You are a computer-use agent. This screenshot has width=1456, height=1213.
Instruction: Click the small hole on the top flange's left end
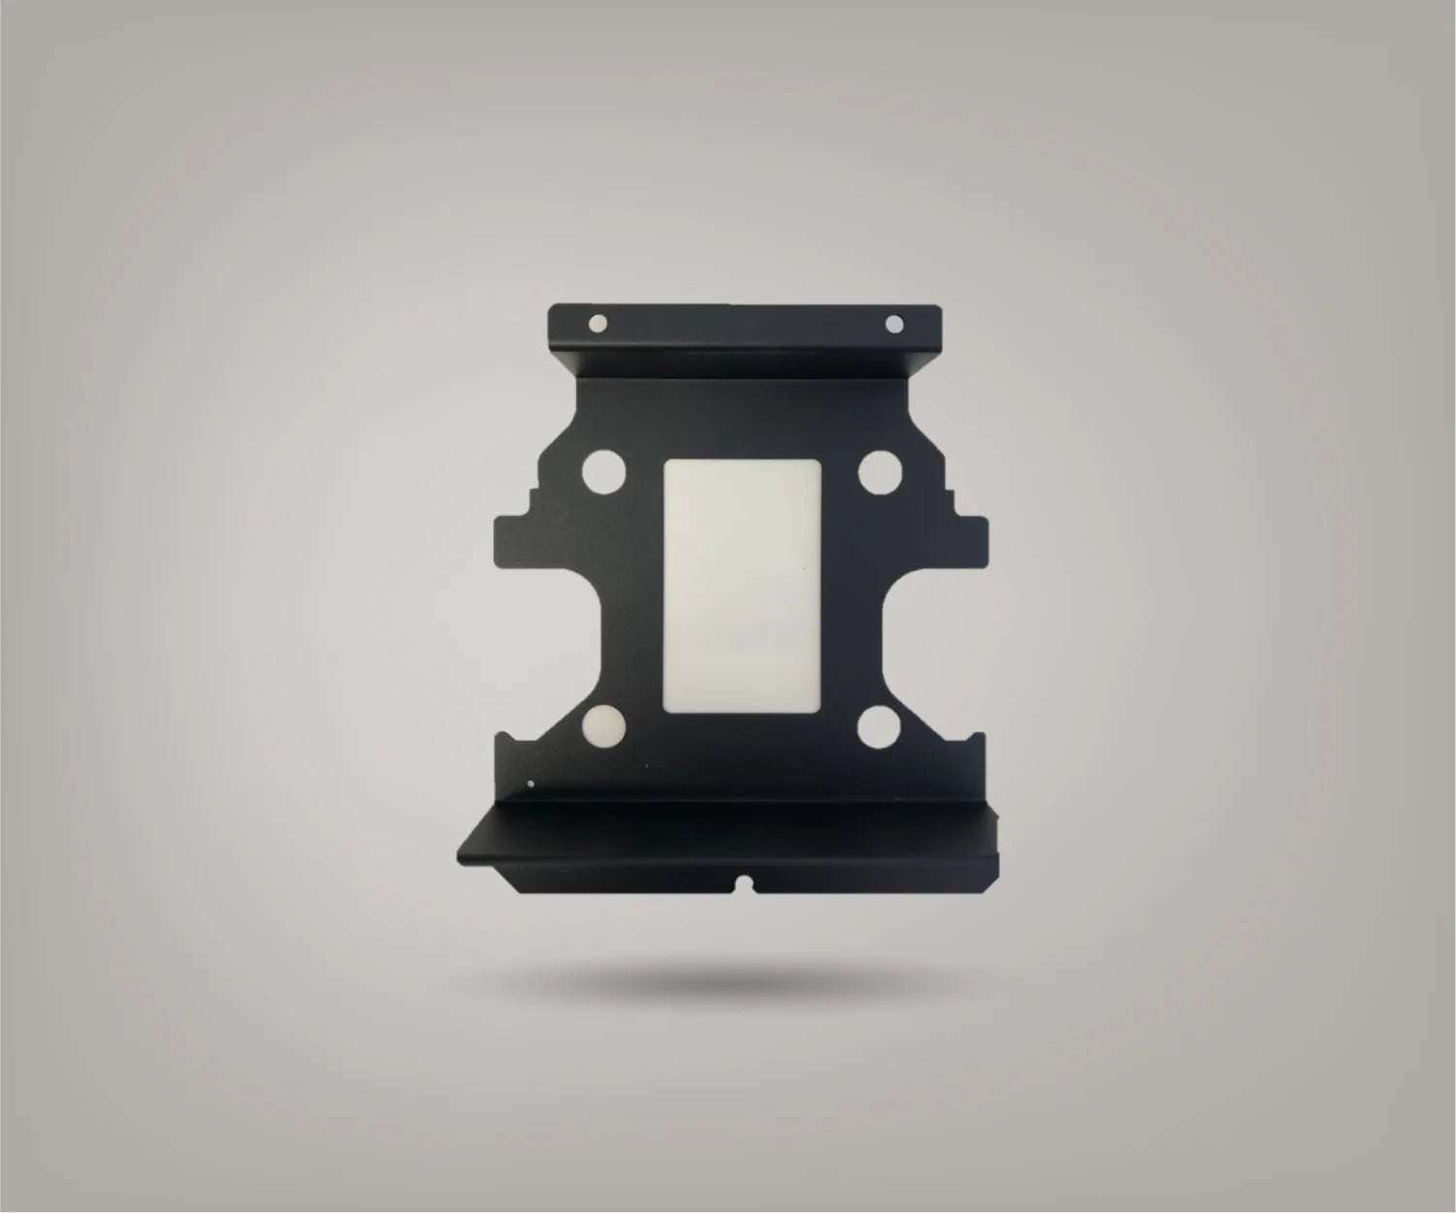[598, 323]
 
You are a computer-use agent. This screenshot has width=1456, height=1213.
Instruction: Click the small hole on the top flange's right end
[893, 323]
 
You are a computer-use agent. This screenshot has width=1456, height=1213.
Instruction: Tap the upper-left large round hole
[604, 474]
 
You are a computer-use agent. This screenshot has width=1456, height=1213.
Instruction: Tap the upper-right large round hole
[881, 474]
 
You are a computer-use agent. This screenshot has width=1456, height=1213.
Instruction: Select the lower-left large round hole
[604, 726]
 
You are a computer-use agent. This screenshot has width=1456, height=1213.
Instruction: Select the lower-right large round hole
[881, 726]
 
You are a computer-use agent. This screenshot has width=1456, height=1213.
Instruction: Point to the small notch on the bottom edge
[745, 883]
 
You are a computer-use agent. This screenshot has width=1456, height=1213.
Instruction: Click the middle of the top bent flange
[745, 335]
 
